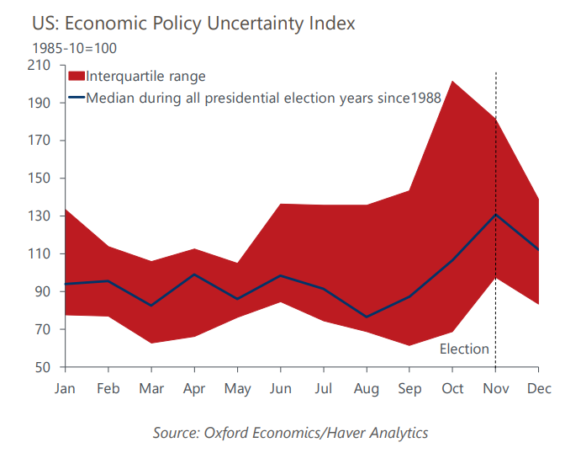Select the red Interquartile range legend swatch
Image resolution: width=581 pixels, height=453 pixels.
pos(76,77)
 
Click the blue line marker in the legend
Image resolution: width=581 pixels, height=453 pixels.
pos(76,98)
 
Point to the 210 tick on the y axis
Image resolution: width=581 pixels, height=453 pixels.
pos(40,65)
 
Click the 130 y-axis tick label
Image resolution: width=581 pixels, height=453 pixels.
pos(40,216)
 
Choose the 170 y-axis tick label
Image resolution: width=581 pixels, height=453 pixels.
pos(40,141)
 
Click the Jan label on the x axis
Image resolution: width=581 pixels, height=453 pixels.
pos(65,387)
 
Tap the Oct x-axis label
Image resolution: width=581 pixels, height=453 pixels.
pos(452,387)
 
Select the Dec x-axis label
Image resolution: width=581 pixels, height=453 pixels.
pos(538,387)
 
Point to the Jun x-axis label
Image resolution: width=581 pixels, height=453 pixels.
pos(280,387)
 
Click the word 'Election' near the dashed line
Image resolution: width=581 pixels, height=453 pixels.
pos(464,349)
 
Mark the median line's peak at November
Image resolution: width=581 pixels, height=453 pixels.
pos(495,215)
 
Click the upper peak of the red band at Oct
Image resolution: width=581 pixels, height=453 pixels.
pos(452,81)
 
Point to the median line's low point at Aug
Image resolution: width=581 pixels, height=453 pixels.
pos(367,317)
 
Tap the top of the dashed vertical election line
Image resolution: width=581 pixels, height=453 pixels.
pos(495,73)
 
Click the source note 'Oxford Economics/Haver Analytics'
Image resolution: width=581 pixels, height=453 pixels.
pos(290,433)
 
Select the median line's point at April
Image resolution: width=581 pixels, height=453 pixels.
pos(194,274)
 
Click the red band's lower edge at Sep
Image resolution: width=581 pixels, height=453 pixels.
pos(409,345)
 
